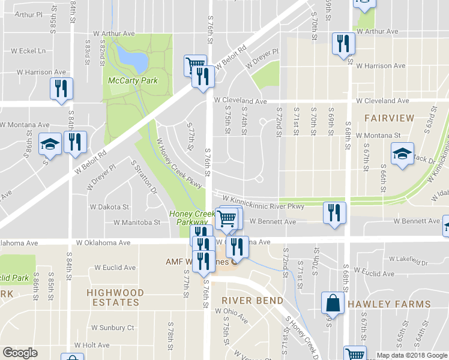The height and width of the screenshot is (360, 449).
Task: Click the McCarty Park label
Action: coord(133,81)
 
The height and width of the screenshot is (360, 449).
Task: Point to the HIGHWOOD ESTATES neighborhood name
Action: coord(115,298)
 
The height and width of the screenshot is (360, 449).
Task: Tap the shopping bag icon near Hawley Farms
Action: coord(332,304)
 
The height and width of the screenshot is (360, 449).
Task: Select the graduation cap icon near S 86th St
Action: coord(50,143)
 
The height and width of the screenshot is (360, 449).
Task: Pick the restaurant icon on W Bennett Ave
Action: coord(334,212)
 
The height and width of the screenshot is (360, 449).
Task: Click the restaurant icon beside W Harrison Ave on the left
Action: coord(61,89)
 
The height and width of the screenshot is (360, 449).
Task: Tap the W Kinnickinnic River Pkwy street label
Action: coord(263,202)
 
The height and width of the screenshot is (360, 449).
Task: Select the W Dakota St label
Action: coord(109,207)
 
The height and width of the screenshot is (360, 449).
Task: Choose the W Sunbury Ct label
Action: coord(112,328)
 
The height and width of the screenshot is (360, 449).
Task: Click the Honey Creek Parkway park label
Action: coord(191,218)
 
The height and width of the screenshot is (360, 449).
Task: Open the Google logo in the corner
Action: coord(20,353)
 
